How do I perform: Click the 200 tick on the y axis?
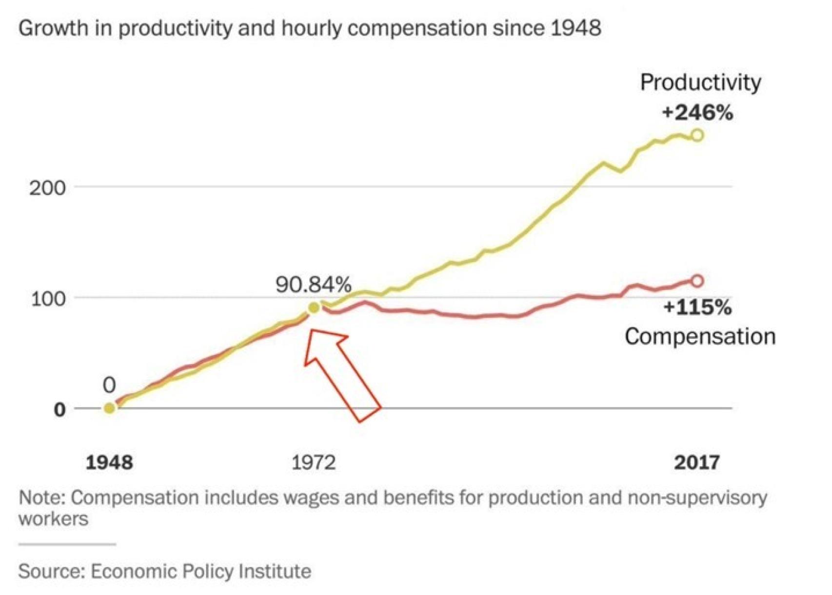click(47, 188)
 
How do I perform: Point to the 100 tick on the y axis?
click(48, 299)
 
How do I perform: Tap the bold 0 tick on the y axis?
click(59, 410)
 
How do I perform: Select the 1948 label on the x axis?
click(109, 462)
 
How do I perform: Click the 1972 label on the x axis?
click(314, 462)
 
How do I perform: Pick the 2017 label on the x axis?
click(697, 462)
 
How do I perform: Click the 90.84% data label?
click(313, 285)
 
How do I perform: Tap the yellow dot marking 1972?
click(314, 308)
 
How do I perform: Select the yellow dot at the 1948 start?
click(110, 408)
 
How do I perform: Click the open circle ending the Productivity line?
click(698, 135)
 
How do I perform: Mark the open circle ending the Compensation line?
click(698, 281)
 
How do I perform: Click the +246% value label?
click(697, 113)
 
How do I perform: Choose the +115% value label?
click(697, 308)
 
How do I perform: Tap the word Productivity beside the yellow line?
click(700, 82)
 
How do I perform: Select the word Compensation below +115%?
click(700, 336)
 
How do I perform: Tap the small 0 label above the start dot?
click(109, 386)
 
